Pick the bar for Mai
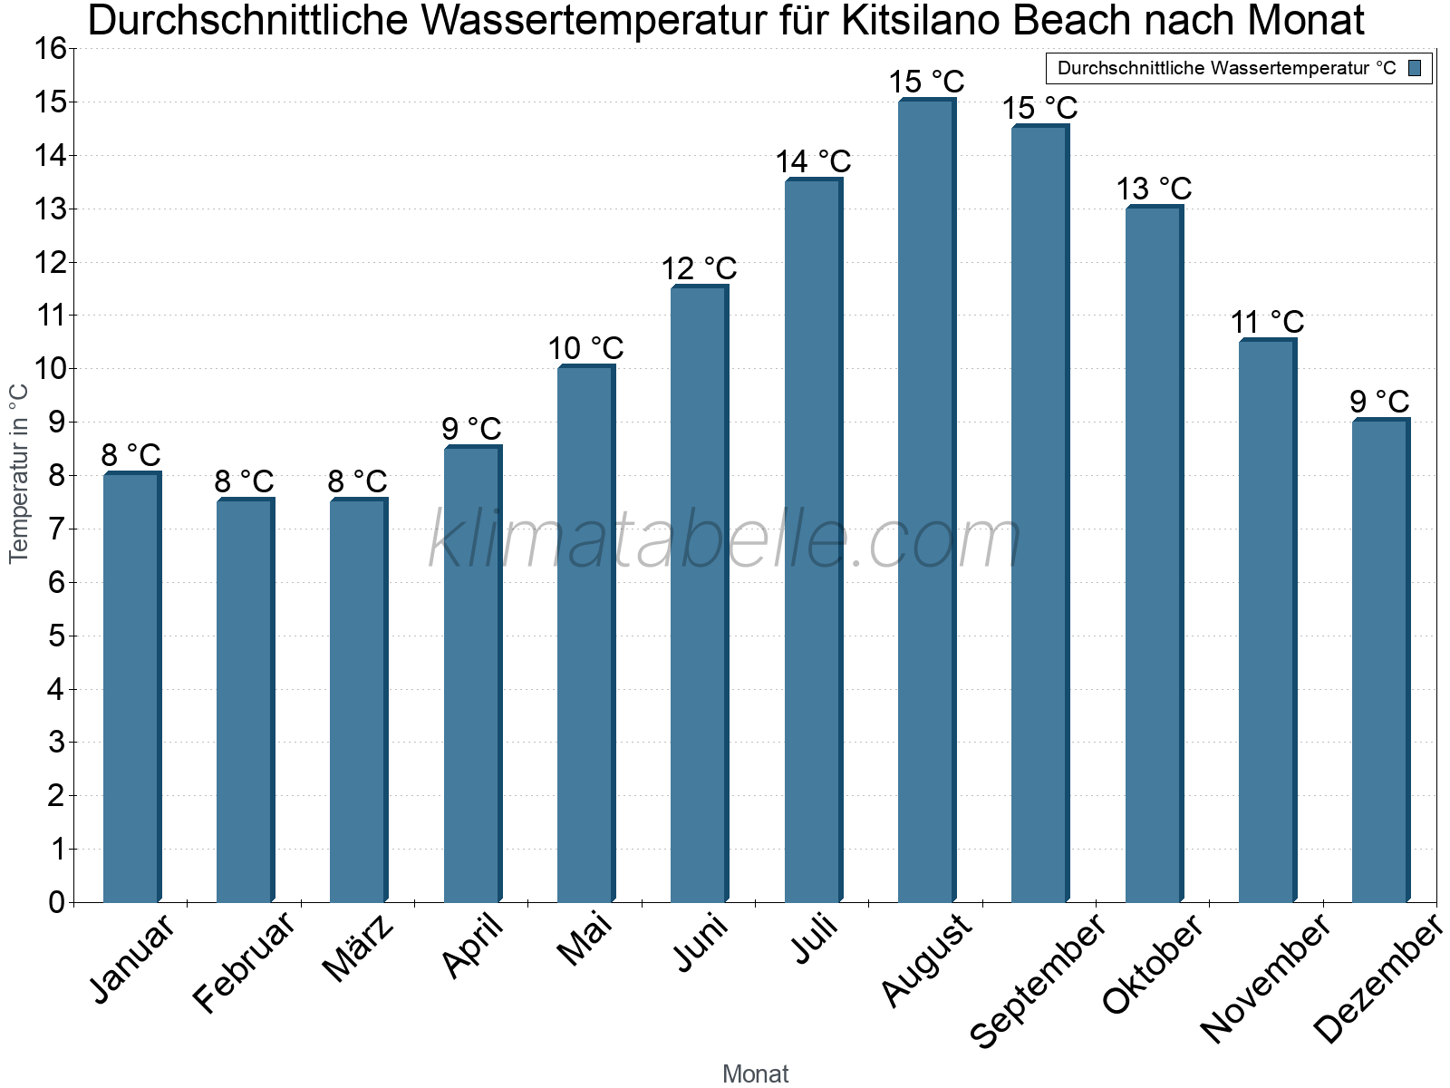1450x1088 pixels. tap(585, 634)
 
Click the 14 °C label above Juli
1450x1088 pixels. tap(813, 161)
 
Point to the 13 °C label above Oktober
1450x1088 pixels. tap(1154, 189)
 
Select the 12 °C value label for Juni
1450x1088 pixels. tap(699, 268)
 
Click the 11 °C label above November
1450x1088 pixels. tap(1267, 322)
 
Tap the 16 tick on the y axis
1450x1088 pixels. tap(52, 49)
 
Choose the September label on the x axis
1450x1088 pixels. tap(1038, 981)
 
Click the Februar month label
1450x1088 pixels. tap(245, 963)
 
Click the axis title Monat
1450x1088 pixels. tap(755, 1074)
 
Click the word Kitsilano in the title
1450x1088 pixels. tap(917, 21)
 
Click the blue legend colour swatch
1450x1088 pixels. tap(1415, 67)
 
